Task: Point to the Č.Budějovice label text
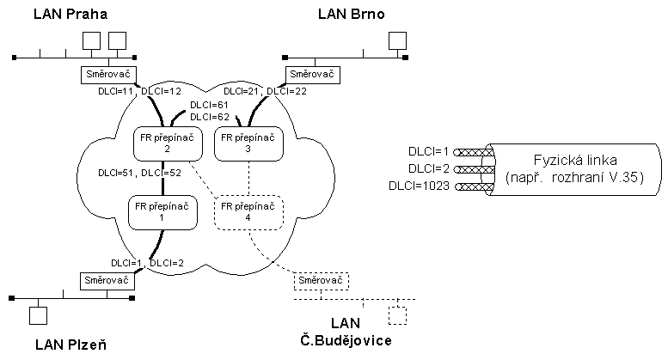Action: click(346, 341)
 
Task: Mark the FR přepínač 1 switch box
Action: click(161, 212)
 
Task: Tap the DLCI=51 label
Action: click(115, 173)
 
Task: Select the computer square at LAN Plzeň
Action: click(38, 315)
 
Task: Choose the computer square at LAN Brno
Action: click(396, 40)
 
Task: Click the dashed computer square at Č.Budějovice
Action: click(397, 314)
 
